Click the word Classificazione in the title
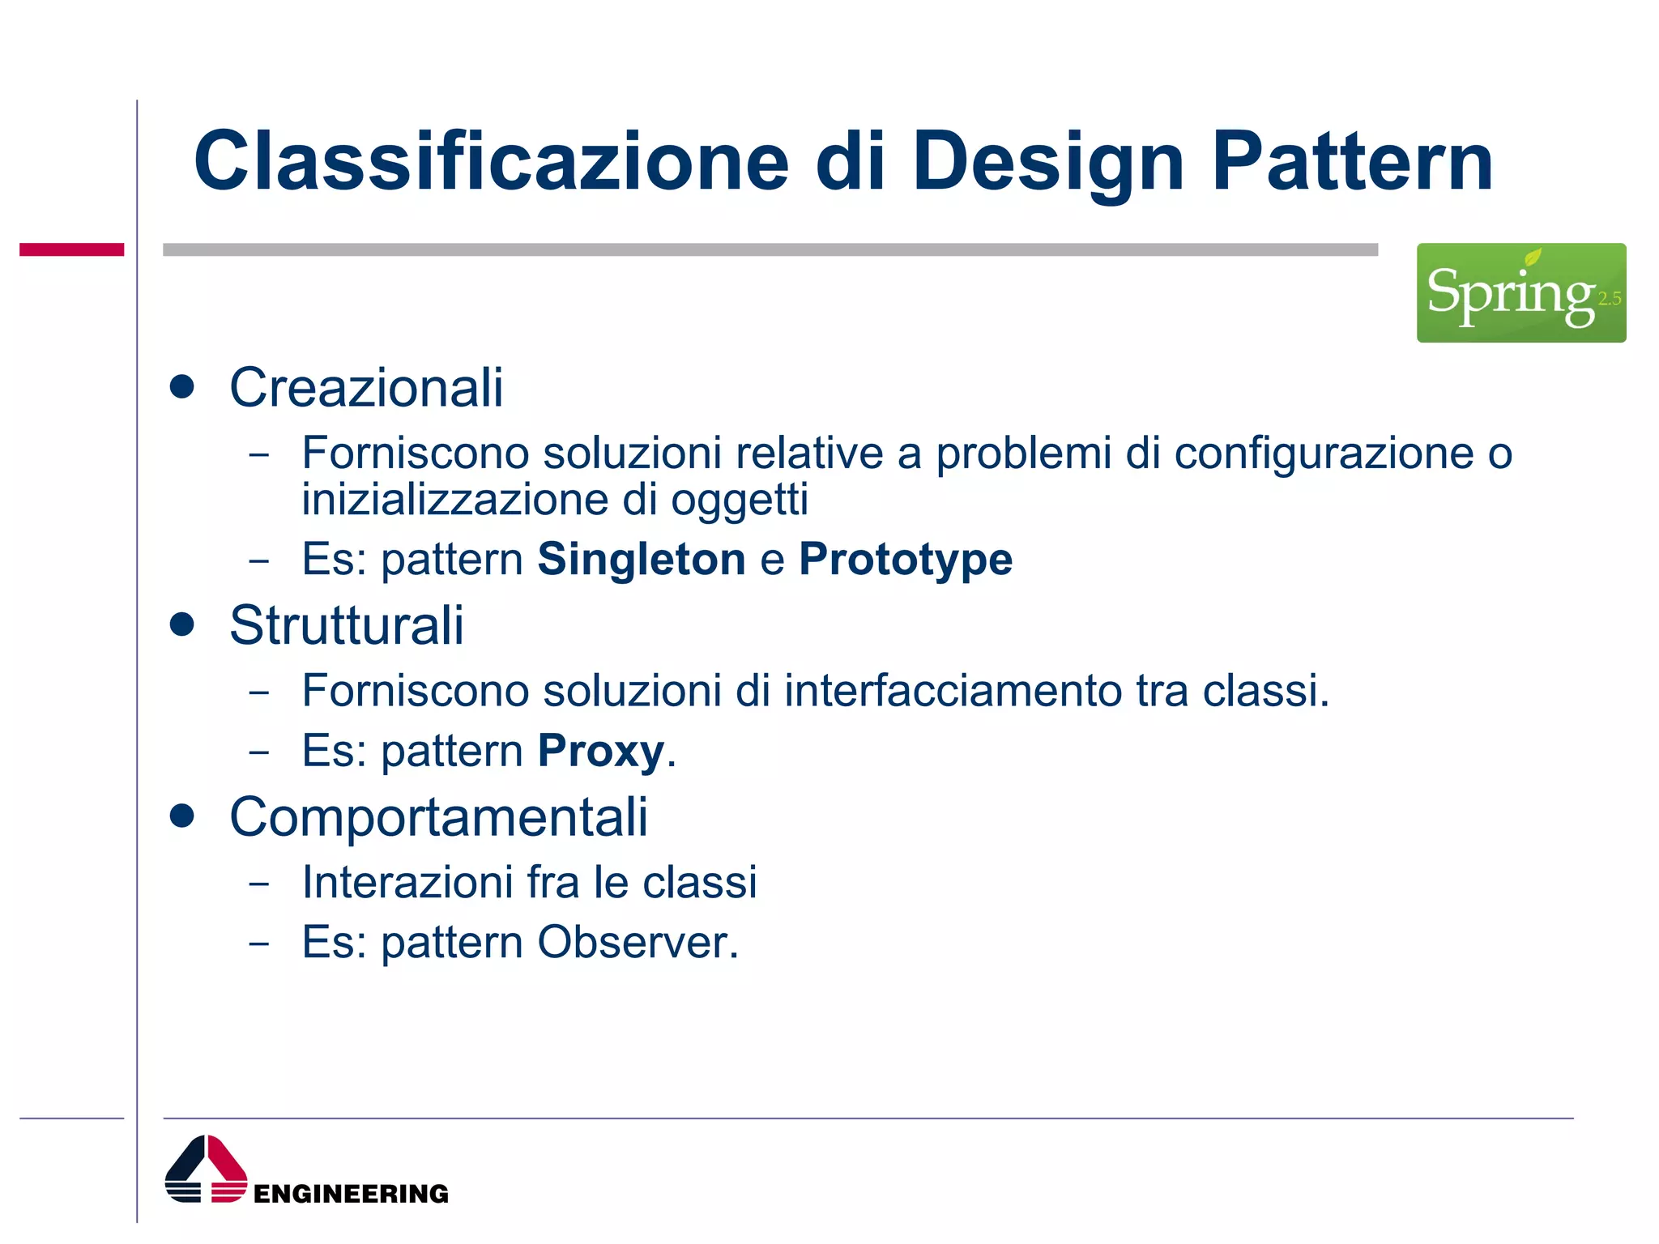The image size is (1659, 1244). tap(491, 162)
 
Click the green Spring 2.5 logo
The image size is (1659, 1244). tap(1520, 292)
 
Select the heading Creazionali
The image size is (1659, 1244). tap(366, 388)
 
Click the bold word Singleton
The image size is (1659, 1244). tap(641, 560)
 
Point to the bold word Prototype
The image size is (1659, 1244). tap(905, 560)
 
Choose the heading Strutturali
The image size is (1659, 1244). tap(347, 626)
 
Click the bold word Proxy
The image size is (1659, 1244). tap(600, 751)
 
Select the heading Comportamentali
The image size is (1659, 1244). tap(438, 817)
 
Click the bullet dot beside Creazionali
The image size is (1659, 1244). tap(182, 386)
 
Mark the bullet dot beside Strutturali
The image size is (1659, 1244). tap(182, 624)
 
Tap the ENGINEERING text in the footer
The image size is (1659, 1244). tap(351, 1194)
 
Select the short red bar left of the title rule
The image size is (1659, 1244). tap(71, 249)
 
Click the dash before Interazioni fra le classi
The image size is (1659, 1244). tap(258, 884)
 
